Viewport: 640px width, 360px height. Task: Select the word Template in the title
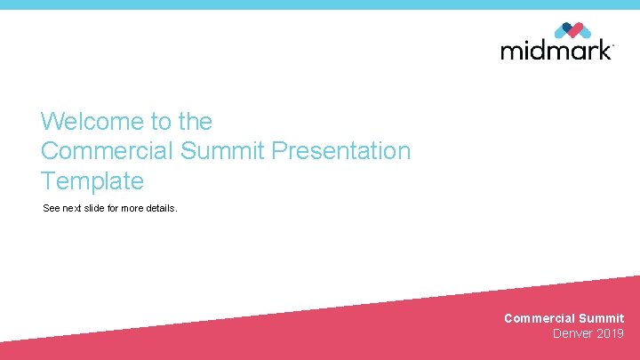click(x=92, y=181)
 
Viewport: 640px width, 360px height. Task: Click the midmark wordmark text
click(x=556, y=50)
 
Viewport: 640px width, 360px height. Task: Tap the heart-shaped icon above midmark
click(x=572, y=29)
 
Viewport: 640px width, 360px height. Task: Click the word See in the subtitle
click(x=52, y=208)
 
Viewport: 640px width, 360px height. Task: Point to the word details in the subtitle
click(x=161, y=208)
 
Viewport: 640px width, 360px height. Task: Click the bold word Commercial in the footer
click(x=539, y=318)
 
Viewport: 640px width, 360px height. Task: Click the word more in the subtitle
click(x=133, y=208)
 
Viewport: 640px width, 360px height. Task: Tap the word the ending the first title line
click(x=195, y=121)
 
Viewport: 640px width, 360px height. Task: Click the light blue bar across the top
click(x=320, y=4)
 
